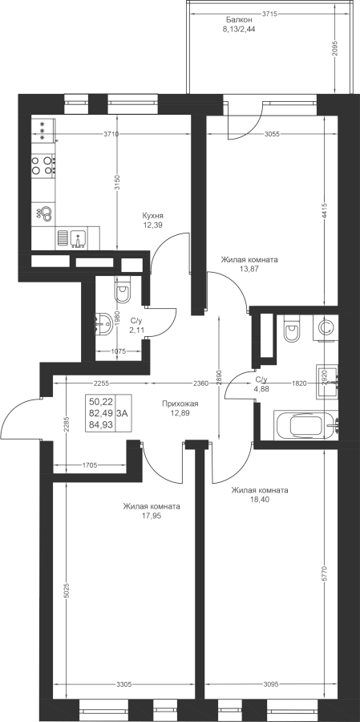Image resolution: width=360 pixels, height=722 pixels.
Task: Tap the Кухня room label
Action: tap(153, 216)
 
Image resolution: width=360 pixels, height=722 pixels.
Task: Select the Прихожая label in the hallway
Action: tap(180, 404)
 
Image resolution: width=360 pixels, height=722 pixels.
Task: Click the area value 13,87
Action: tap(249, 269)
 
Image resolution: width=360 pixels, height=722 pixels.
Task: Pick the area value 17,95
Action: tap(152, 516)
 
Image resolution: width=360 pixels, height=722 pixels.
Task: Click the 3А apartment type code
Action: tap(123, 413)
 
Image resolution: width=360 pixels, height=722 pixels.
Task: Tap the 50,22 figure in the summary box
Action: tap(101, 402)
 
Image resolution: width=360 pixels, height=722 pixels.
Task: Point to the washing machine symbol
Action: tap(326, 327)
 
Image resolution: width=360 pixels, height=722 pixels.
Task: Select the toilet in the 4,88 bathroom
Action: tap(292, 328)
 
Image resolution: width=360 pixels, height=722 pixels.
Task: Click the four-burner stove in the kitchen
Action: tap(42, 165)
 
